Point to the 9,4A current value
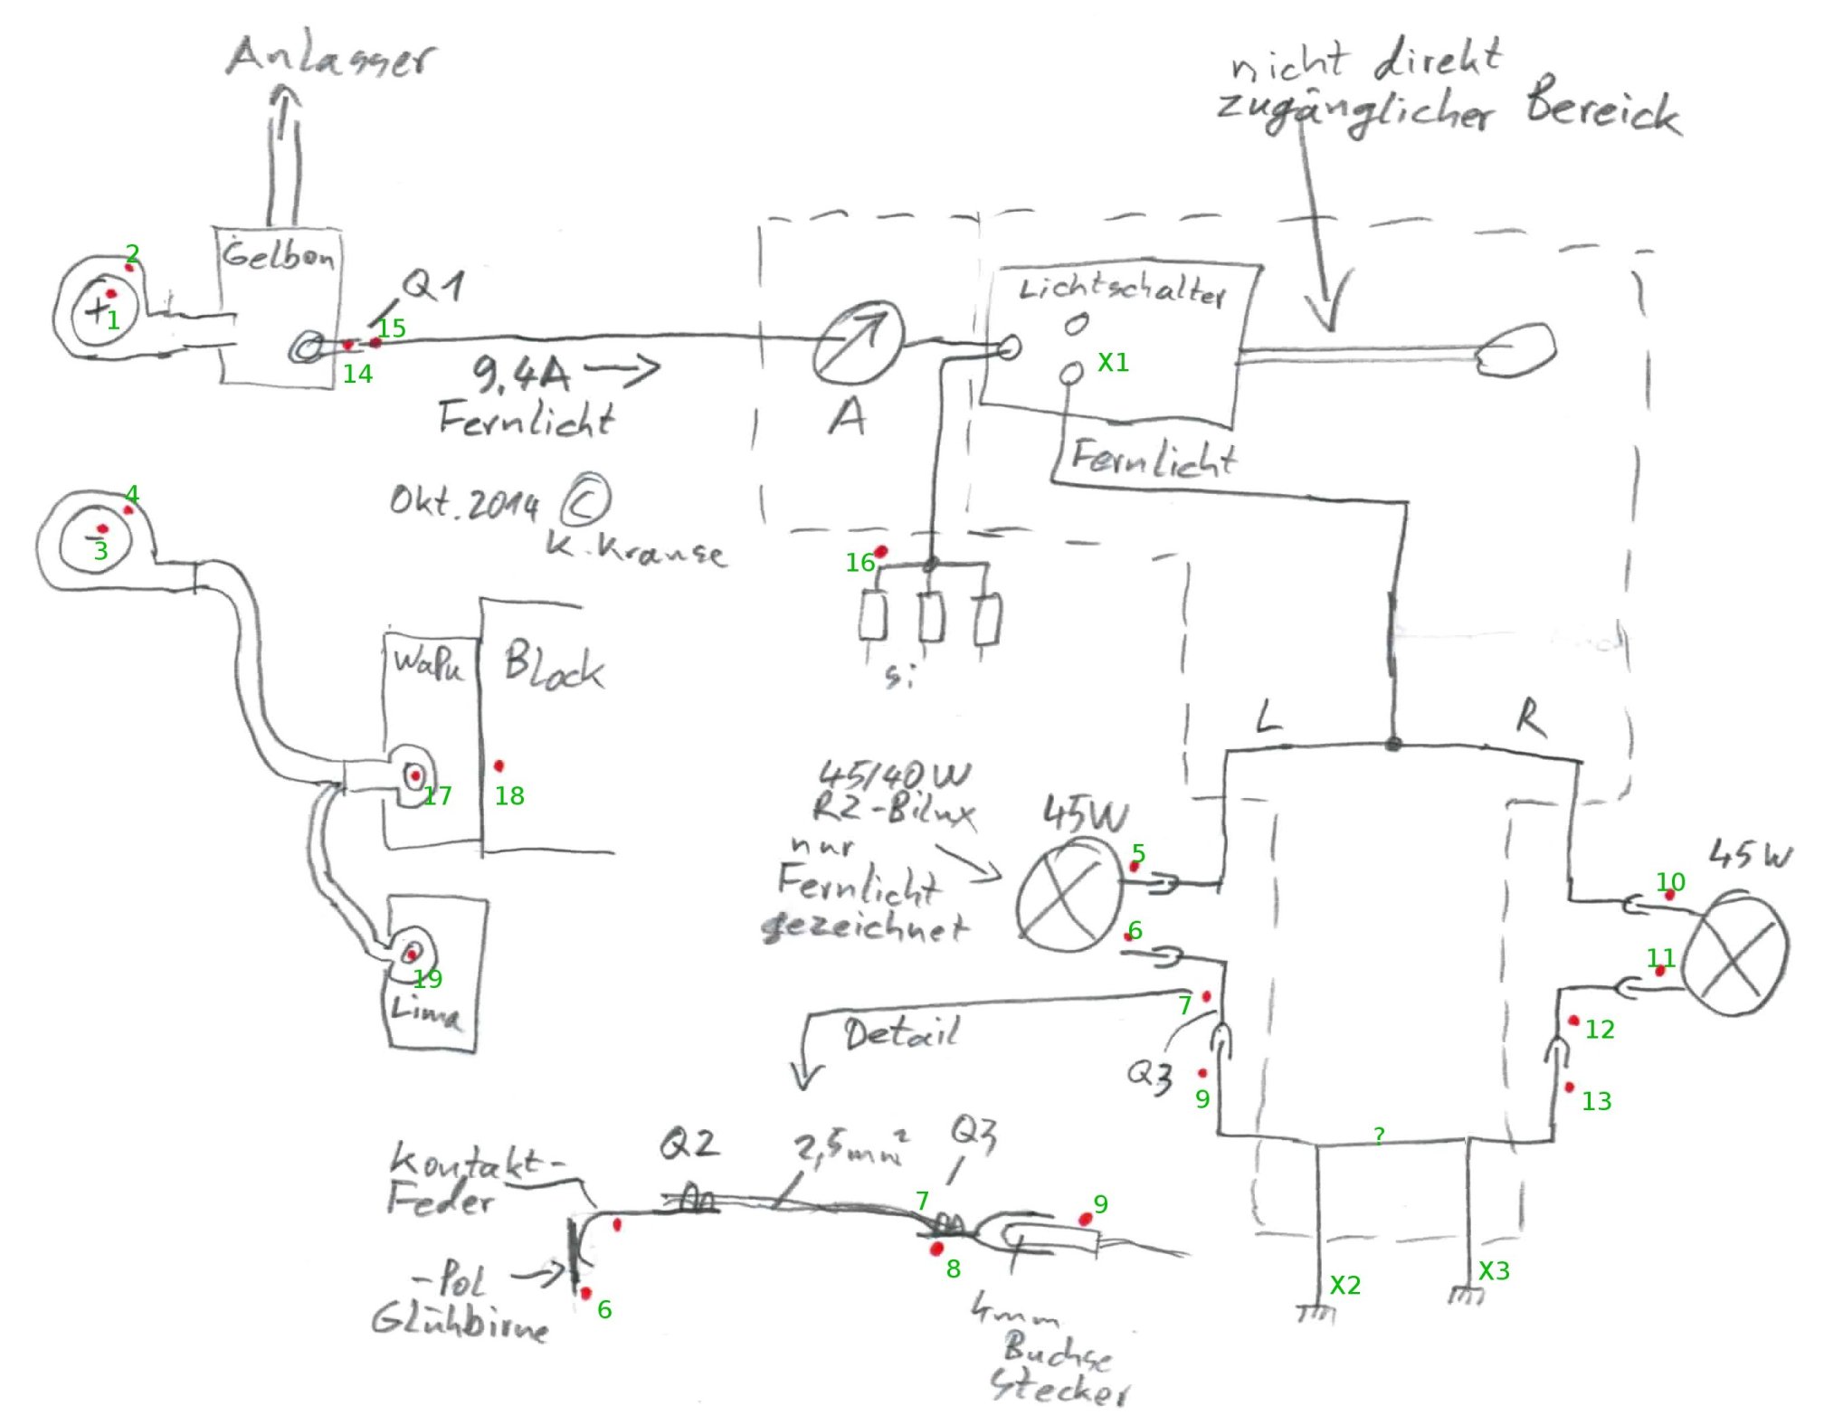(520, 372)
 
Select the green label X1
(1113, 363)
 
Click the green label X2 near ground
(1344, 1285)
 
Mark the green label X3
(1494, 1270)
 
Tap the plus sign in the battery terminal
(95, 310)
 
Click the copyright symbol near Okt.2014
(585, 501)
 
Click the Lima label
(425, 1011)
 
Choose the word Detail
(900, 1032)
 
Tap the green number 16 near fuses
(860, 563)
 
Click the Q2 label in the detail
(689, 1145)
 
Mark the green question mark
(1378, 1135)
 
